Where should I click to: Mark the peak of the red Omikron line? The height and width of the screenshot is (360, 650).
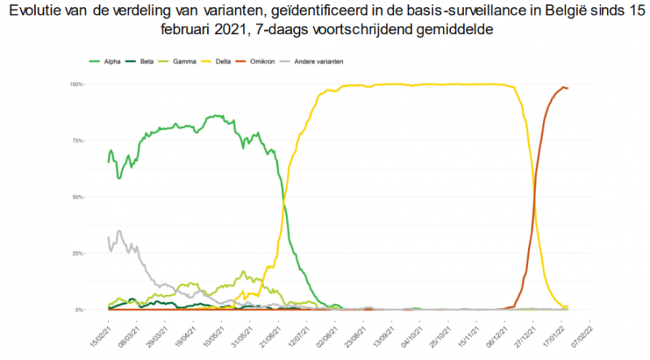(x=564, y=87)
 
